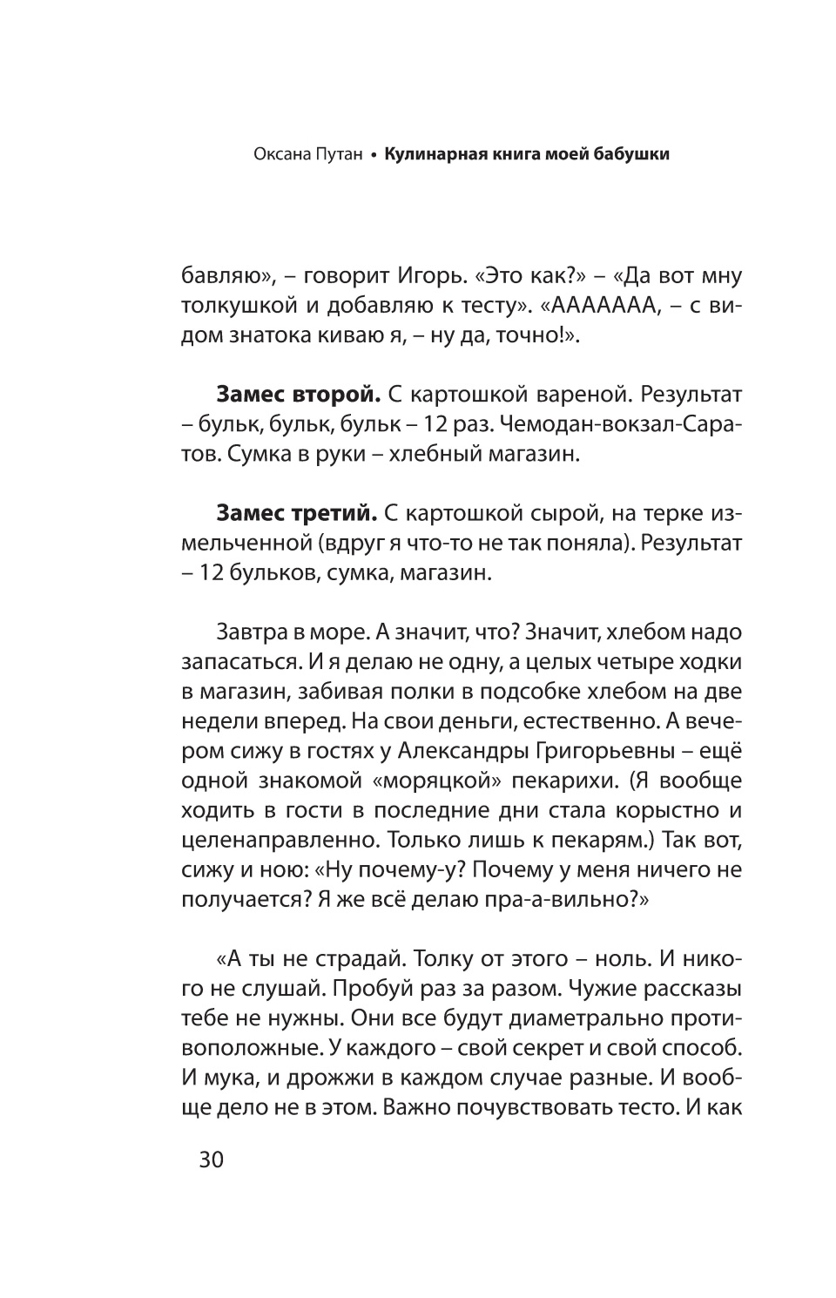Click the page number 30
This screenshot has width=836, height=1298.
212,1160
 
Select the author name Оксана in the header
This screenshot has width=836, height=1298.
283,155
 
